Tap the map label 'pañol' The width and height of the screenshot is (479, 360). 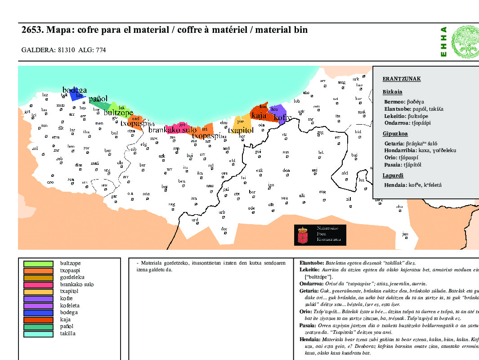[98, 99]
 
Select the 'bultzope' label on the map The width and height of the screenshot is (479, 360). [118, 112]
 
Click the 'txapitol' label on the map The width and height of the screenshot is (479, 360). [241, 130]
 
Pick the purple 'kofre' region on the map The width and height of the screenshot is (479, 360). [279, 112]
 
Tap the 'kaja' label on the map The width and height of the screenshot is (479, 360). [259, 116]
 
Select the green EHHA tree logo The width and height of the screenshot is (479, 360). [465, 40]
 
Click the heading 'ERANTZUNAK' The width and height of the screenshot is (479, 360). [401, 79]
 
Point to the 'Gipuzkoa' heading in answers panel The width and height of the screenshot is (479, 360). [395, 134]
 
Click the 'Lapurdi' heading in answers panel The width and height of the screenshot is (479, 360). [393, 175]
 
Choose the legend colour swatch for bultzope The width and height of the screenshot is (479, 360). [38, 264]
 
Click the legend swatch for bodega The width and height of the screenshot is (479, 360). [38, 312]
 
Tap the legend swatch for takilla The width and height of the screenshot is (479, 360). [38, 333]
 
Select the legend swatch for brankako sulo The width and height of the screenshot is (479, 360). [38, 284]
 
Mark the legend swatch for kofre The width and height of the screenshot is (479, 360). [38, 298]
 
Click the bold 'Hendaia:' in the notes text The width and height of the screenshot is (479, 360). [310, 340]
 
